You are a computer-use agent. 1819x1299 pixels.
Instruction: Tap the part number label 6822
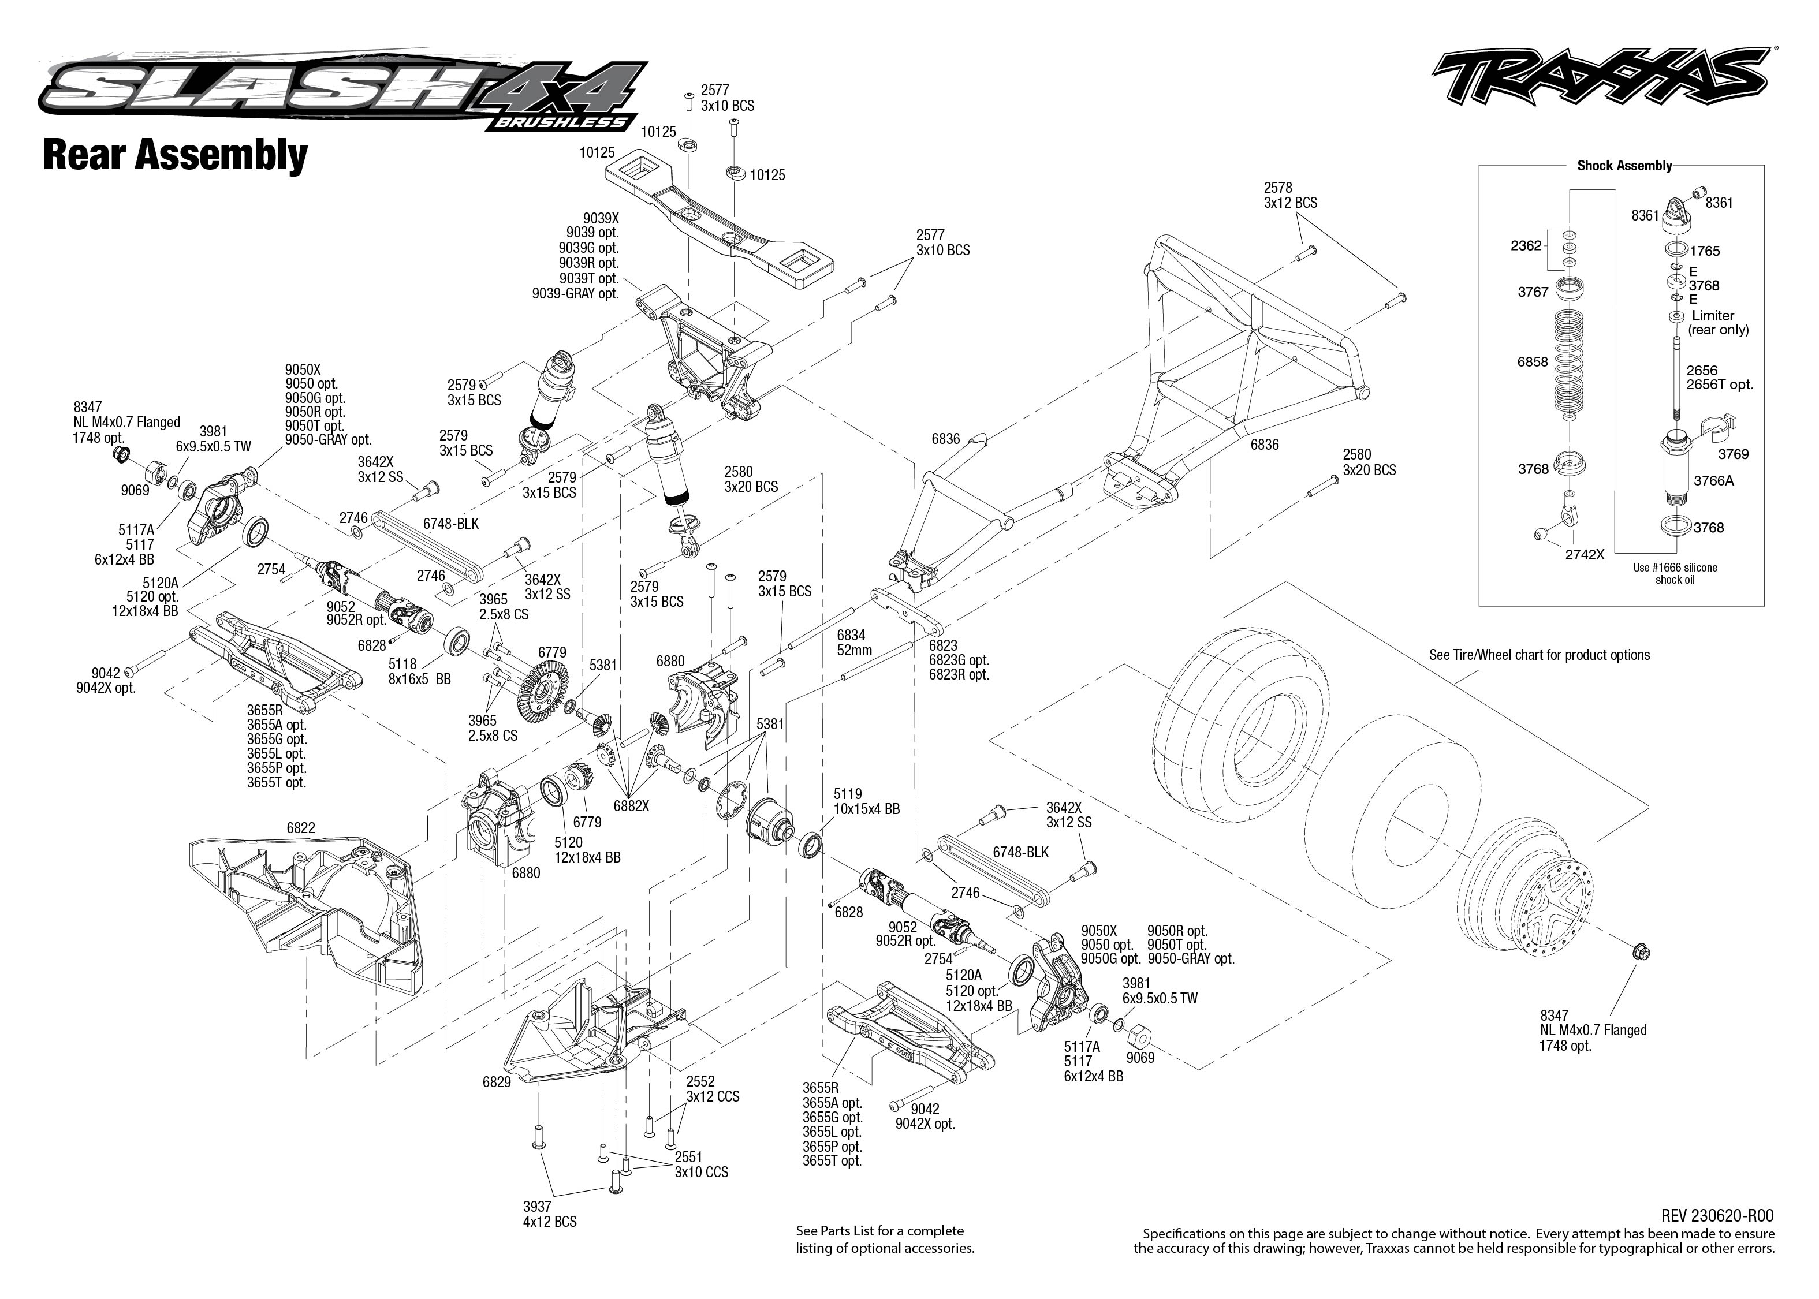tap(301, 828)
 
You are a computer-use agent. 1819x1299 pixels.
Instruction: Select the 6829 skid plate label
tap(497, 1082)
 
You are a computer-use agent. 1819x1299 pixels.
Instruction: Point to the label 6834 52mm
tap(853, 643)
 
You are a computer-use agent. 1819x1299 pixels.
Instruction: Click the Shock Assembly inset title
tap(1624, 166)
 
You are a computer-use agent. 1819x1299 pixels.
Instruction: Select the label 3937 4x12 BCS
tap(550, 1214)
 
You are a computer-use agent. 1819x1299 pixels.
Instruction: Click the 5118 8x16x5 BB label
tap(419, 671)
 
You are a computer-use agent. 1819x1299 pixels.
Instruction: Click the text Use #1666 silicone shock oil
tap(1675, 573)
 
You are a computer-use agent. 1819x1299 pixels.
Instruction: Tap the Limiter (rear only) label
tap(1717, 322)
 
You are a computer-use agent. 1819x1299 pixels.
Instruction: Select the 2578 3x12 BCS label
tap(1289, 195)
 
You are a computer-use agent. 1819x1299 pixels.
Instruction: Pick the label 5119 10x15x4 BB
tap(866, 801)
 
